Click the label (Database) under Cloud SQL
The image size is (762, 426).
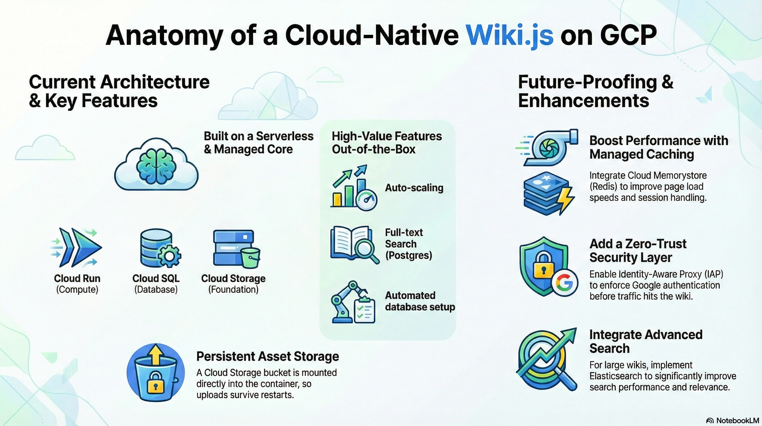(156, 290)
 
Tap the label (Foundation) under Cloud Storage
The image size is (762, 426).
(233, 290)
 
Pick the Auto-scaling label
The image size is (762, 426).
(414, 188)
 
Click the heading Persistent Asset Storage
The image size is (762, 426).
(267, 356)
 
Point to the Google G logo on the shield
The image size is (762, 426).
(564, 283)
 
